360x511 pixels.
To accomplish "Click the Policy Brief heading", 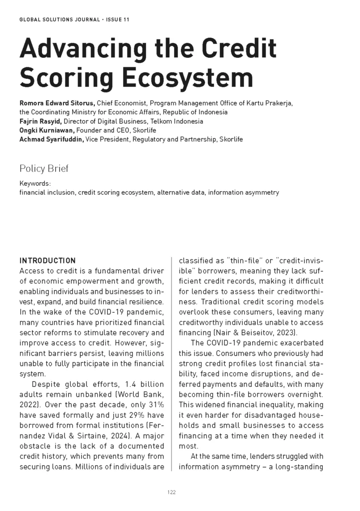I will pyautogui.click(x=44, y=168).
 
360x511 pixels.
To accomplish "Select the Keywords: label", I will pyautogui.click(x=35, y=184).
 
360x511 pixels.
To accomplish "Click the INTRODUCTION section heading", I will pyautogui.click(x=47, y=260).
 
